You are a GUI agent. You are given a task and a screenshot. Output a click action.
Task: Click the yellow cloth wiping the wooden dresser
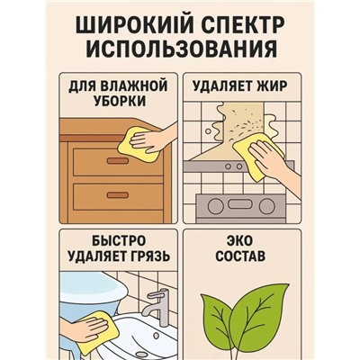point(134,141)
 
